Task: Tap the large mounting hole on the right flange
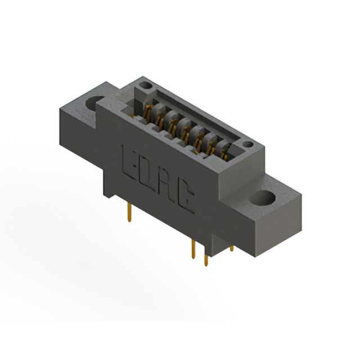(263, 199)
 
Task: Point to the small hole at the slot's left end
(146, 85)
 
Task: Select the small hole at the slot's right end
(248, 144)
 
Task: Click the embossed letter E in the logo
(129, 163)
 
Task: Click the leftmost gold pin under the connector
(129, 213)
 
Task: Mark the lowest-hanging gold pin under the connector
(206, 258)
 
